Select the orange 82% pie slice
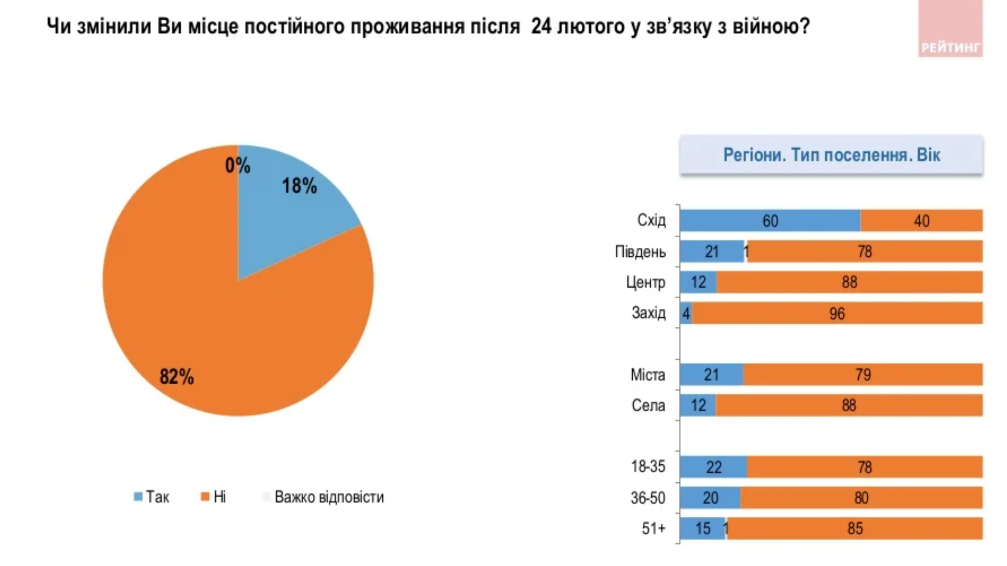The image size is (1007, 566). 226,325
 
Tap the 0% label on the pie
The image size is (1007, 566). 237,166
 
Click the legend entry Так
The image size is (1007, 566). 152,497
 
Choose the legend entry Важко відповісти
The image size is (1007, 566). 324,497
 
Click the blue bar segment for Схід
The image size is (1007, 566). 770,221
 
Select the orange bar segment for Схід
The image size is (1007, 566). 921,221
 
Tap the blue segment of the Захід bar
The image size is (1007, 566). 686,313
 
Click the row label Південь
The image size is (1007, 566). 640,252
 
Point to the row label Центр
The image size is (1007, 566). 645,283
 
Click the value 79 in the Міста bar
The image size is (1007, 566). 862,375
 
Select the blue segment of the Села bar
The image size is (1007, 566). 698,406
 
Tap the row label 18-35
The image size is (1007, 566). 648,467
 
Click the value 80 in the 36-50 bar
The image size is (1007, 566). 861,498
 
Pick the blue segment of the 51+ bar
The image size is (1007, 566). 702,528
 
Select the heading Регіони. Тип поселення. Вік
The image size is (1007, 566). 831,155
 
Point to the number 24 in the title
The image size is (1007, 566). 541,26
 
